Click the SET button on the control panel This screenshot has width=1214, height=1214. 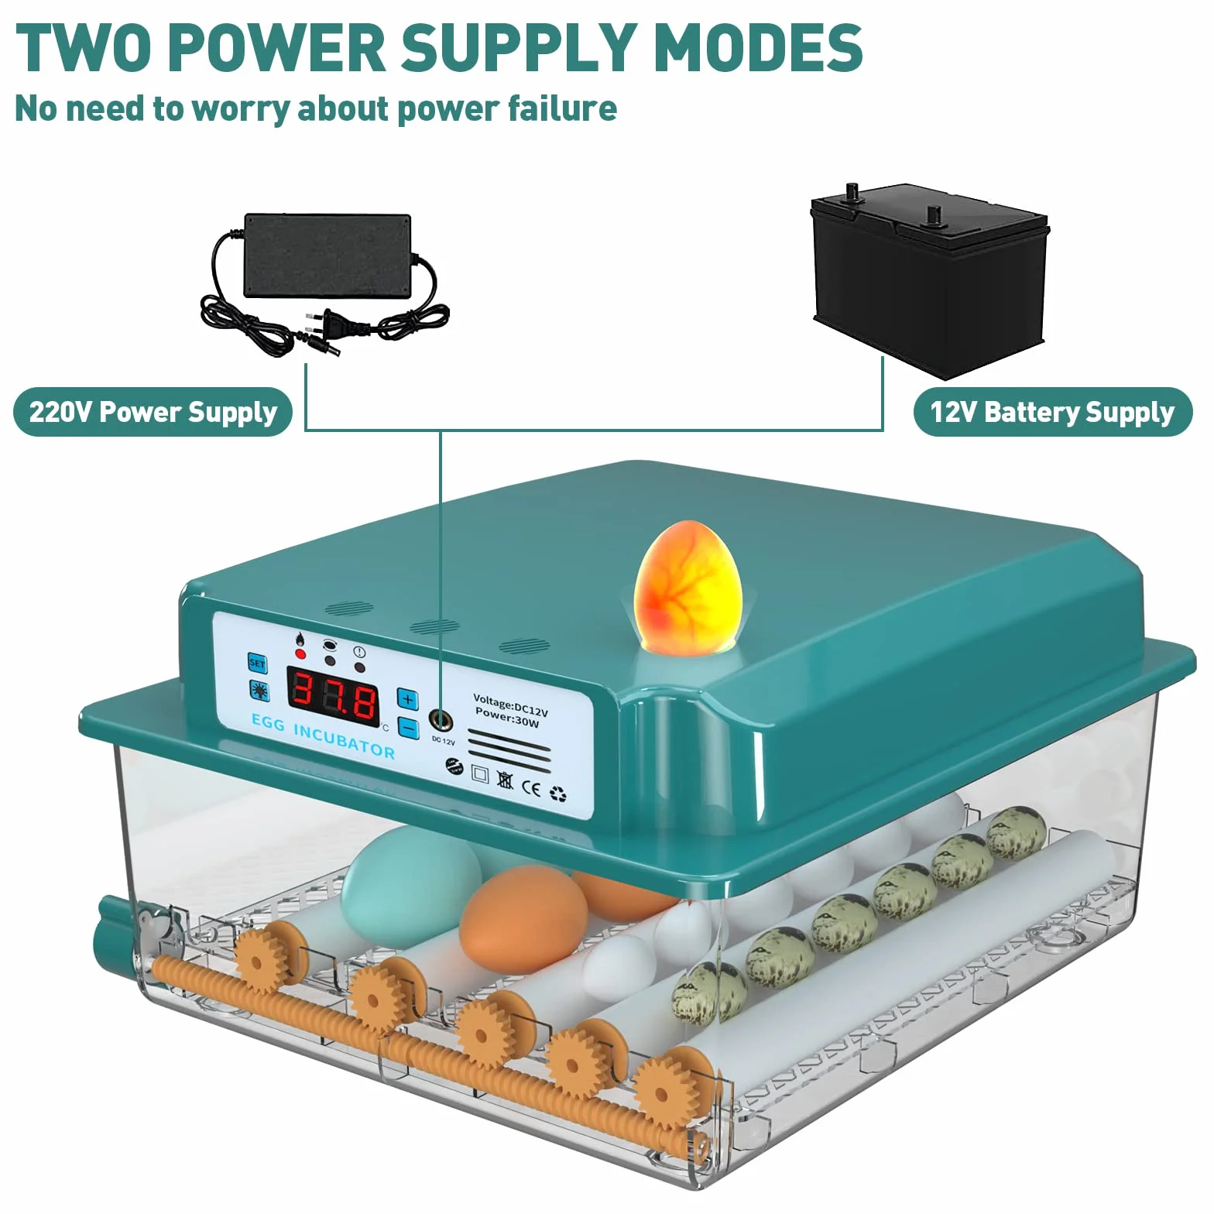pos(257,663)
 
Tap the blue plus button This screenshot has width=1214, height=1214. pos(408,698)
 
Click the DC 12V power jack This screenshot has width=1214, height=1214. pos(441,721)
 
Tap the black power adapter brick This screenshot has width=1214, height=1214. pos(328,255)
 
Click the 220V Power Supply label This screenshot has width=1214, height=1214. pos(153,412)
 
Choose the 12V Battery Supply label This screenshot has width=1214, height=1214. pos(1053,412)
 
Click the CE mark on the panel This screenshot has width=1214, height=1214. pos(531,788)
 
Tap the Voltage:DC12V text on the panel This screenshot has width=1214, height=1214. pos(510,705)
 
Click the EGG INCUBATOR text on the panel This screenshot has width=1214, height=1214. pos(323,736)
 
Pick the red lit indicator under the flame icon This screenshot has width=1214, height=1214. pos(300,654)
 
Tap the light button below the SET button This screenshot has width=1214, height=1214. pos(259,690)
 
